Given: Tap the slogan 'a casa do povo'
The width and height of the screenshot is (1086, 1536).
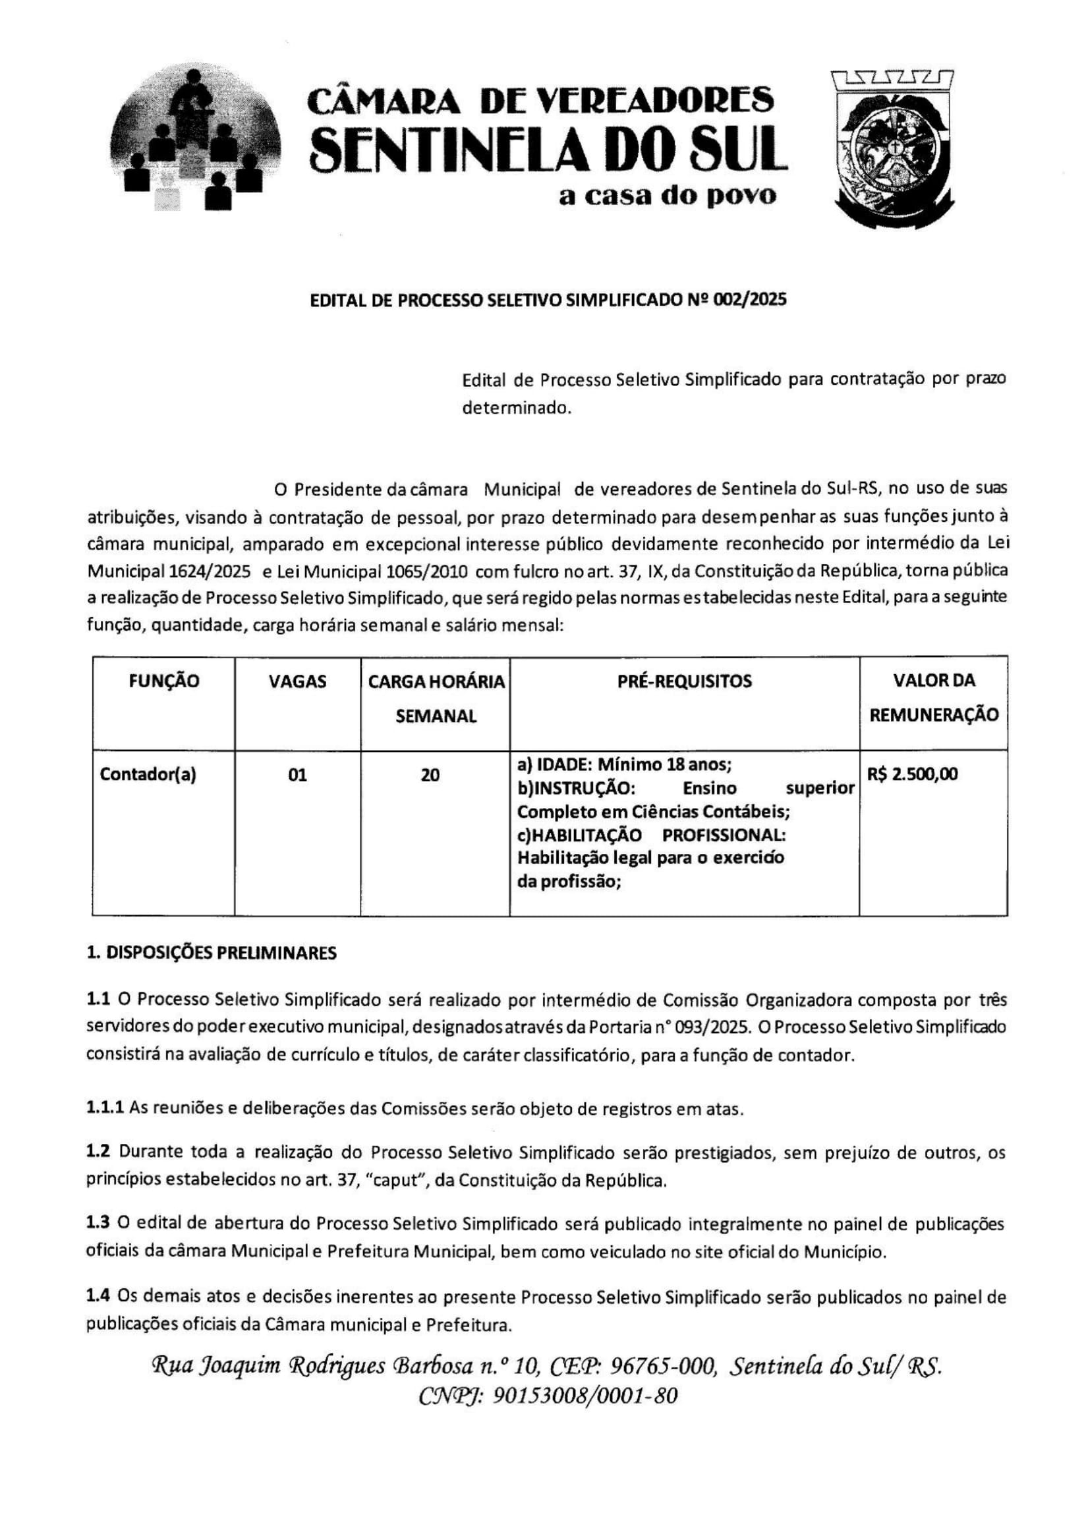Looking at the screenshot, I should coord(667,195).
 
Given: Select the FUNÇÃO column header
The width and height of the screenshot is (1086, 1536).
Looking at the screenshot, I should coord(164,681).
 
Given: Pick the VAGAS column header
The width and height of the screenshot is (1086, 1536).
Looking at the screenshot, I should coord(297,681).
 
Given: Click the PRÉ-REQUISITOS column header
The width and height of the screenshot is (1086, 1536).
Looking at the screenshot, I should coord(684,681).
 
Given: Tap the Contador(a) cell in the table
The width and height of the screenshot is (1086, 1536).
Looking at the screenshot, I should coord(148,775).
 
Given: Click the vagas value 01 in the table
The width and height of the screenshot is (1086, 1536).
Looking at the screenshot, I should coord(297,776).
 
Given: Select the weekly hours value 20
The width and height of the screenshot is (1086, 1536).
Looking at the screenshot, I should coord(430,776).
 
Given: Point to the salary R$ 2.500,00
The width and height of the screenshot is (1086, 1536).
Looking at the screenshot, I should coord(912,775).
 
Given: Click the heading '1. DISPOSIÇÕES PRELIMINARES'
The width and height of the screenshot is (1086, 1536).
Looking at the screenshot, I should coord(212,953).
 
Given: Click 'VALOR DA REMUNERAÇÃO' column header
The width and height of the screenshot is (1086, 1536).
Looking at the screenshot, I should coord(933,698).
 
